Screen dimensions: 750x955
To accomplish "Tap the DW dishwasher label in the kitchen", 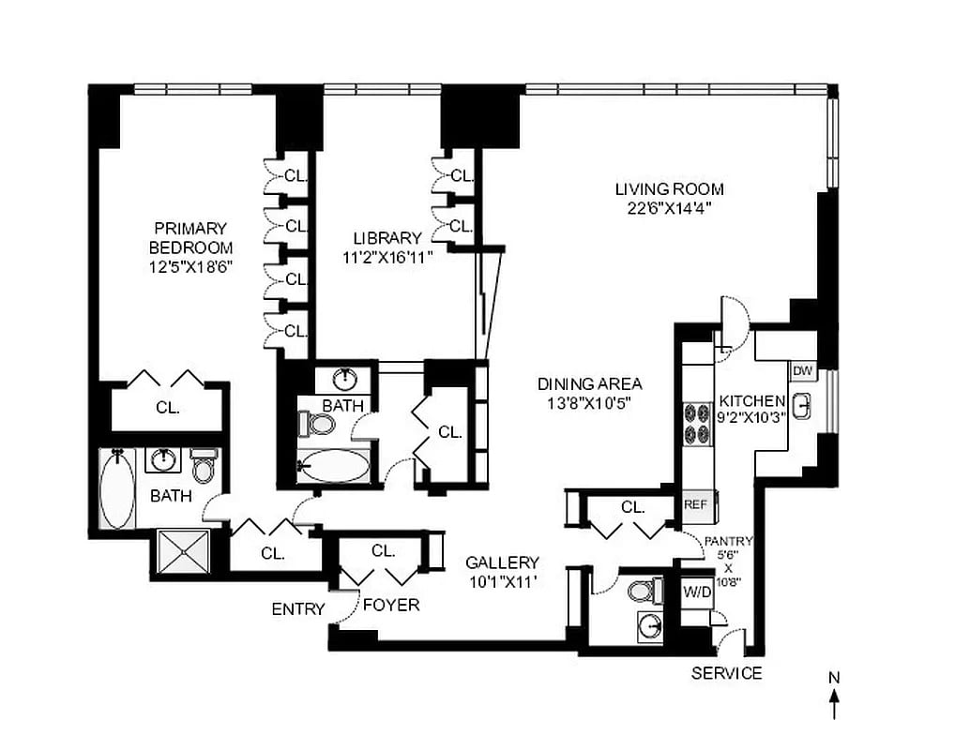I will pyautogui.click(x=802, y=371).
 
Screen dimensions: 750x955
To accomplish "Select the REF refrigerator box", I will pyautogui.click(x=694, y=504).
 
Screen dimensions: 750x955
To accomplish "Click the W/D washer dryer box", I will pyautogui.click(x=696, y=592).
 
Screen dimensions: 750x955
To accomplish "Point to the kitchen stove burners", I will pyautogui.click(x=697, y=422).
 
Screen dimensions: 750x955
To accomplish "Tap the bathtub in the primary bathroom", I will pyautogui.click(x=117, y=487).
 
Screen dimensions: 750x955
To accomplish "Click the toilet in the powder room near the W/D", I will pyautogui.click(x=642, y=592).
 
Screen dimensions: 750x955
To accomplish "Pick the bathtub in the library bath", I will pyautogui.click(x=333, y=465).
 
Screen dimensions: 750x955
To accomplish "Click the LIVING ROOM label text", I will pyautogui.click(x=669, y=189).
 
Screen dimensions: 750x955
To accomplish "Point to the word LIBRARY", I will pyautogui.click(x=387, y=238).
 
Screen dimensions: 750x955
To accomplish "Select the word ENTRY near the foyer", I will pyautogui.click(x=297, y=609).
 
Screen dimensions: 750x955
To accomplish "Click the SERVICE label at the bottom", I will pyautogui.click(x=726, y=673).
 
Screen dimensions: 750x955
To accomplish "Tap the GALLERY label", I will pyautogui.click(x=503, y=562).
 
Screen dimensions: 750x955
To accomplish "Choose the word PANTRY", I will pyautogui.click(x=728, y=541).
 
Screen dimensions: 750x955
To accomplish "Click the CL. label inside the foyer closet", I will pyautogui.click(x=383, y=550).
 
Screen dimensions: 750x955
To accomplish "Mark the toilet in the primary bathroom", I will pyautogui.click(x=203, y=466).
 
